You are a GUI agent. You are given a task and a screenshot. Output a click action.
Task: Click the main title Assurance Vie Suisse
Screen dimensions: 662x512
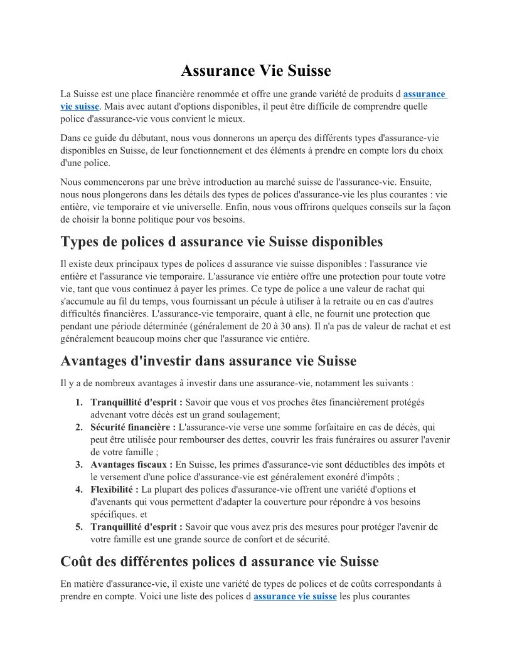(256, 71)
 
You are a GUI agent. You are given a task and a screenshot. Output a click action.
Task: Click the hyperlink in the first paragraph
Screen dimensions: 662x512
(424, 95)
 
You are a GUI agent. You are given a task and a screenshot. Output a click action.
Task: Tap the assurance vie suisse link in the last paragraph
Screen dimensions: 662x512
(295, 596)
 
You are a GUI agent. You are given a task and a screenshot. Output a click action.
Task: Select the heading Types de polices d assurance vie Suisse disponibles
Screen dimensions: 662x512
(221, 242)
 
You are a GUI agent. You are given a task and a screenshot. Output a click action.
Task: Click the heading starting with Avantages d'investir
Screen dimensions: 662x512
(208, 361)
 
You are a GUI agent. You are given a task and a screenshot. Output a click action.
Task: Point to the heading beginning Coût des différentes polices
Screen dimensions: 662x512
(220, 560)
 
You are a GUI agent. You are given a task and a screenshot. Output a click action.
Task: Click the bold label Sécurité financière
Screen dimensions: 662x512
(133, 427)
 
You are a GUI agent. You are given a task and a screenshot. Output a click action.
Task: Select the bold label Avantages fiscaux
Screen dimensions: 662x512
(131, 465)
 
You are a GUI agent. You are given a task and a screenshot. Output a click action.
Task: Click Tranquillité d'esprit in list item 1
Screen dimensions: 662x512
(136, 402)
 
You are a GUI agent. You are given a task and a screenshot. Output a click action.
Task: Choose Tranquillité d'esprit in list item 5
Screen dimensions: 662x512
(136, 527)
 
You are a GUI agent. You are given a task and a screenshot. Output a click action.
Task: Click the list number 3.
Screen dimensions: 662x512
(79, 465)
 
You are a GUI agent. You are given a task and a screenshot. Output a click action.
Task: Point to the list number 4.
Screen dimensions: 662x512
(79, 489)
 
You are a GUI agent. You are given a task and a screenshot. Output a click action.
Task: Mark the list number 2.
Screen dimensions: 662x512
(79, 427)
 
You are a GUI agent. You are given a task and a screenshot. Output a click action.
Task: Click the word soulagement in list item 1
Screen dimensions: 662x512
(253, 414)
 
